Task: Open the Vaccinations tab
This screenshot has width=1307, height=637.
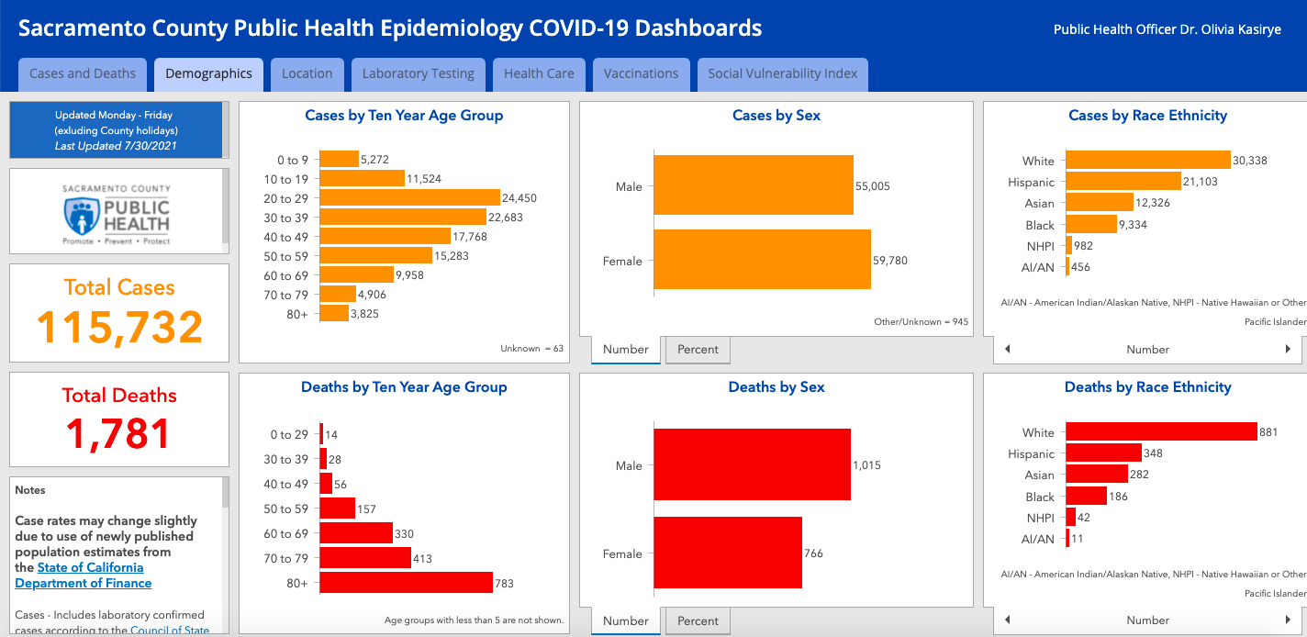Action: pyautogui.click(x=641, y=73)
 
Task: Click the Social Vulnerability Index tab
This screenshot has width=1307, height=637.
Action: pyautogui.click(x=782, y=73)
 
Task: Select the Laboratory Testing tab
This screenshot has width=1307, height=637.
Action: pyautogui.click(x=418, y=73)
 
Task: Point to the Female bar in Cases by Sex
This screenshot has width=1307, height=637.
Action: pyautogui.click(x=762, y=261)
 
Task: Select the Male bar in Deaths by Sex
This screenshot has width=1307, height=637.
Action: pyautogui.click(x=752, y=465)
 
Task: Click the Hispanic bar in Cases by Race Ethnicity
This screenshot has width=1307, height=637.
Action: pyautogui.click(x=1123, y=182)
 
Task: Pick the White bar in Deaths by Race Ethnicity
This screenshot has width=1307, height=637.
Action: pyautogui.click(x=1161, y=432)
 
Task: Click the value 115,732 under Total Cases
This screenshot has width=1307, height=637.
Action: pyautogui.click(x=119, y=328)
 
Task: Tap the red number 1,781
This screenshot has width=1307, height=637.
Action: pyautogui.click(x=119, y=434)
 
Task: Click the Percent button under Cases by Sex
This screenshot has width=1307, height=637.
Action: pyautogui.click(x=698, y=350)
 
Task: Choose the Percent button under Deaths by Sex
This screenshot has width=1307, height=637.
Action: pyautogui.click(x=698, y=621)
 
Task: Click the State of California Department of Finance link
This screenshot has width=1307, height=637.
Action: pyautogui.click(x=84, y=576)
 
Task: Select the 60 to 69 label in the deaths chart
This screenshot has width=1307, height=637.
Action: pyautogui.click(x=285, y=534)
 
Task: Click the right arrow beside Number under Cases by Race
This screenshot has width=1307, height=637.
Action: pyautogui.click(x=1288, y=350)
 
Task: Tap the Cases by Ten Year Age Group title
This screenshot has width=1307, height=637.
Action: pyautogui.click(x=404, y=116)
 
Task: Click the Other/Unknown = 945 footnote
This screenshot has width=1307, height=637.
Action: pyautogui.click(x=921, y=322)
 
